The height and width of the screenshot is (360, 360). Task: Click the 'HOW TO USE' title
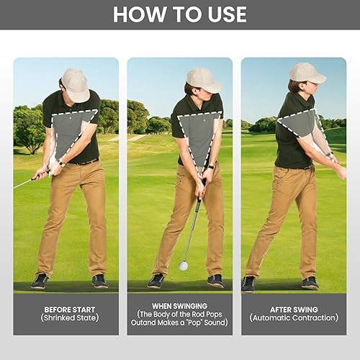point(180,14)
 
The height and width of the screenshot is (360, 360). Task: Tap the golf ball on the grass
point(184,266)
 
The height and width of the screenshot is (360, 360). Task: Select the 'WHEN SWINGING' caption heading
point(180,306)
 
